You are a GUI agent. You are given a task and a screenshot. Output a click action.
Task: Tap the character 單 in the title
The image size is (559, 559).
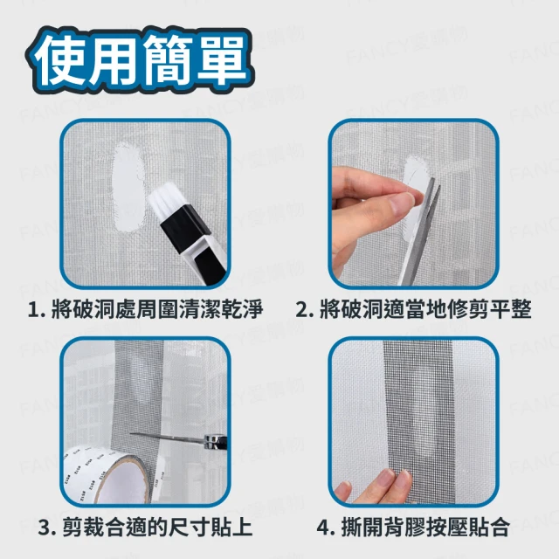[221, 59]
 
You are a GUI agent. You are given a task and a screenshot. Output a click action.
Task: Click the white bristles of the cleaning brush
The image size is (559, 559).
[165, 200]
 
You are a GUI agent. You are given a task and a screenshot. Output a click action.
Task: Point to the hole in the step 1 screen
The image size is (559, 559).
[128, 187]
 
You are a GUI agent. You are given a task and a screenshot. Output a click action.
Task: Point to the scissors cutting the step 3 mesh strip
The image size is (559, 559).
[178, 439]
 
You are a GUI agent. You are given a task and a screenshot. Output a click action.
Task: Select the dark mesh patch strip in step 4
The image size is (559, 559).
[418, 421]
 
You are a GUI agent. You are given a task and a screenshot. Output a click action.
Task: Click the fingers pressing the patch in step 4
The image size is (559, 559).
[375, 487]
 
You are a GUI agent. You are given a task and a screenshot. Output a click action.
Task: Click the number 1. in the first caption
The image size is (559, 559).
[37, 309]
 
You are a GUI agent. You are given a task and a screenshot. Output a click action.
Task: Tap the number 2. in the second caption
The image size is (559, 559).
[305, 309]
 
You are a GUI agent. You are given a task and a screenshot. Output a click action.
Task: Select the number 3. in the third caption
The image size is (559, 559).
[47, 528]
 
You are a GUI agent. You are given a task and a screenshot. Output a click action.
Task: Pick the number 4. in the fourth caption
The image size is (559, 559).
[326, 528]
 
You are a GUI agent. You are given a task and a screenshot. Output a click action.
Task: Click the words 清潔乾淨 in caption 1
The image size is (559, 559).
[221, 309]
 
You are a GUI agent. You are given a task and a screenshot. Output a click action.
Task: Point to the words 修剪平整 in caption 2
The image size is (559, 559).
[489, 309]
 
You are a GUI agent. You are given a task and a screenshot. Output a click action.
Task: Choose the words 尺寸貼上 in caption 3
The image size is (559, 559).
[210, 528]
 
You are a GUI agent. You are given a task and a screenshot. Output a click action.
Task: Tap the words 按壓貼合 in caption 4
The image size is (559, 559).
[468, 528]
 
